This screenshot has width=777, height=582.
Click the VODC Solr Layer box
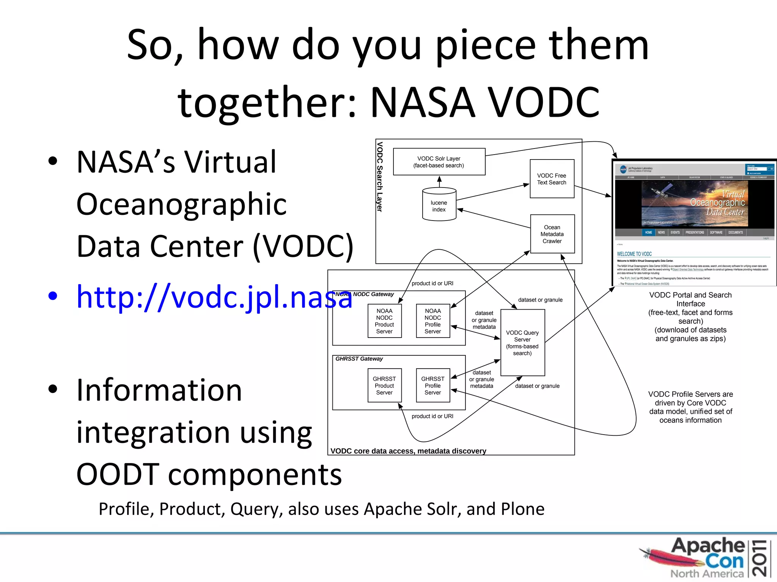pos(439,162)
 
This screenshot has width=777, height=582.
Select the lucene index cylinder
pos(439,205)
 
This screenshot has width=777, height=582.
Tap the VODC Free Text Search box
pos(552,179)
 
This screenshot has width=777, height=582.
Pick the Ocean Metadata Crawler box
pos(552,234)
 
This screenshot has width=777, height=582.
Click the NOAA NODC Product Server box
pos(384,321)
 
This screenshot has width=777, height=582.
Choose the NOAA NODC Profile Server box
pos(433,321)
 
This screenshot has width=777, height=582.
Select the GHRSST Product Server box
pos(384,385)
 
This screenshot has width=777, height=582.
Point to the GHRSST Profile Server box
pos(433,385)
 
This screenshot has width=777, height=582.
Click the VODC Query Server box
pos(522,343)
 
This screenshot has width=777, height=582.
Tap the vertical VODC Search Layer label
pos(380,177)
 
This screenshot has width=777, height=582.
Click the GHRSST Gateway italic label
pos(359,358)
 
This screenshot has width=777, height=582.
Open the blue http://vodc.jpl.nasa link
pos(214,297)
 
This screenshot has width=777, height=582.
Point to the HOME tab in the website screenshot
pos(648,232)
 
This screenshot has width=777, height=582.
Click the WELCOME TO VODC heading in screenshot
pos(634,254)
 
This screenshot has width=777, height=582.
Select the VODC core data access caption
pos(408,451)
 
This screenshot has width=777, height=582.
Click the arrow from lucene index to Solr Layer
pos(439,181)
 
